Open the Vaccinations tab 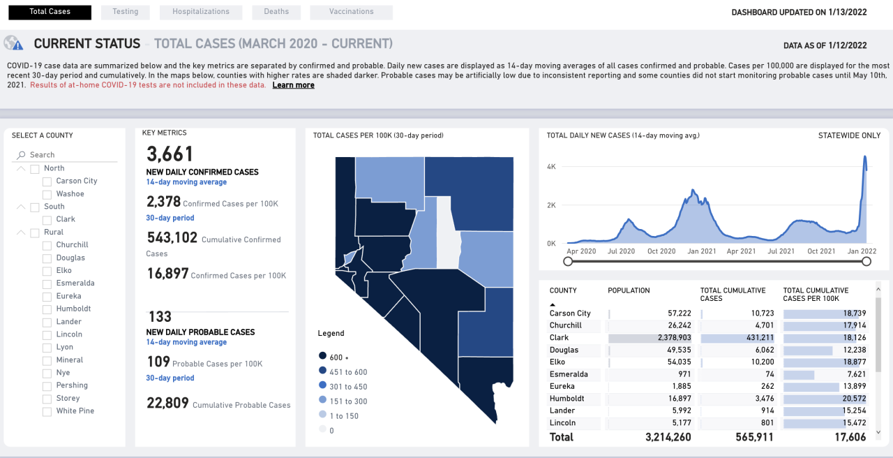pyautogui.click(x=351, y=12)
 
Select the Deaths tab pyautogui.click(x=276, y=12)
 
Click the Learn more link pyautogui.click(x=293, y=85)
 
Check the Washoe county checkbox pyautogui.click(x=47, y=194)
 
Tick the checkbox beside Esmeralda pyautogui.click(x=47, y=283)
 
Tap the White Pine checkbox pyautogui.click(x=47, y=411)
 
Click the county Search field pyautogui.click(x=66, y=155)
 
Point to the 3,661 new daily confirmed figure pyautogui.click(x=170, y=154)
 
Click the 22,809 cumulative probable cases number pyautogui.click(x=167, y=403)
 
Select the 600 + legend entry pyautogui.click(x=335, y=357)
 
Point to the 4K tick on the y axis pyautogui.click(x=550, y=167)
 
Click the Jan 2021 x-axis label pyautogui.click(x=701, y=251)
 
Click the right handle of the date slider pyautogui.click(x=866, y=261)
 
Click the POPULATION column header pyautogui.click(x=629, y=290)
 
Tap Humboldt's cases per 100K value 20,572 pyautogui.click(x=853, y=399)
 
